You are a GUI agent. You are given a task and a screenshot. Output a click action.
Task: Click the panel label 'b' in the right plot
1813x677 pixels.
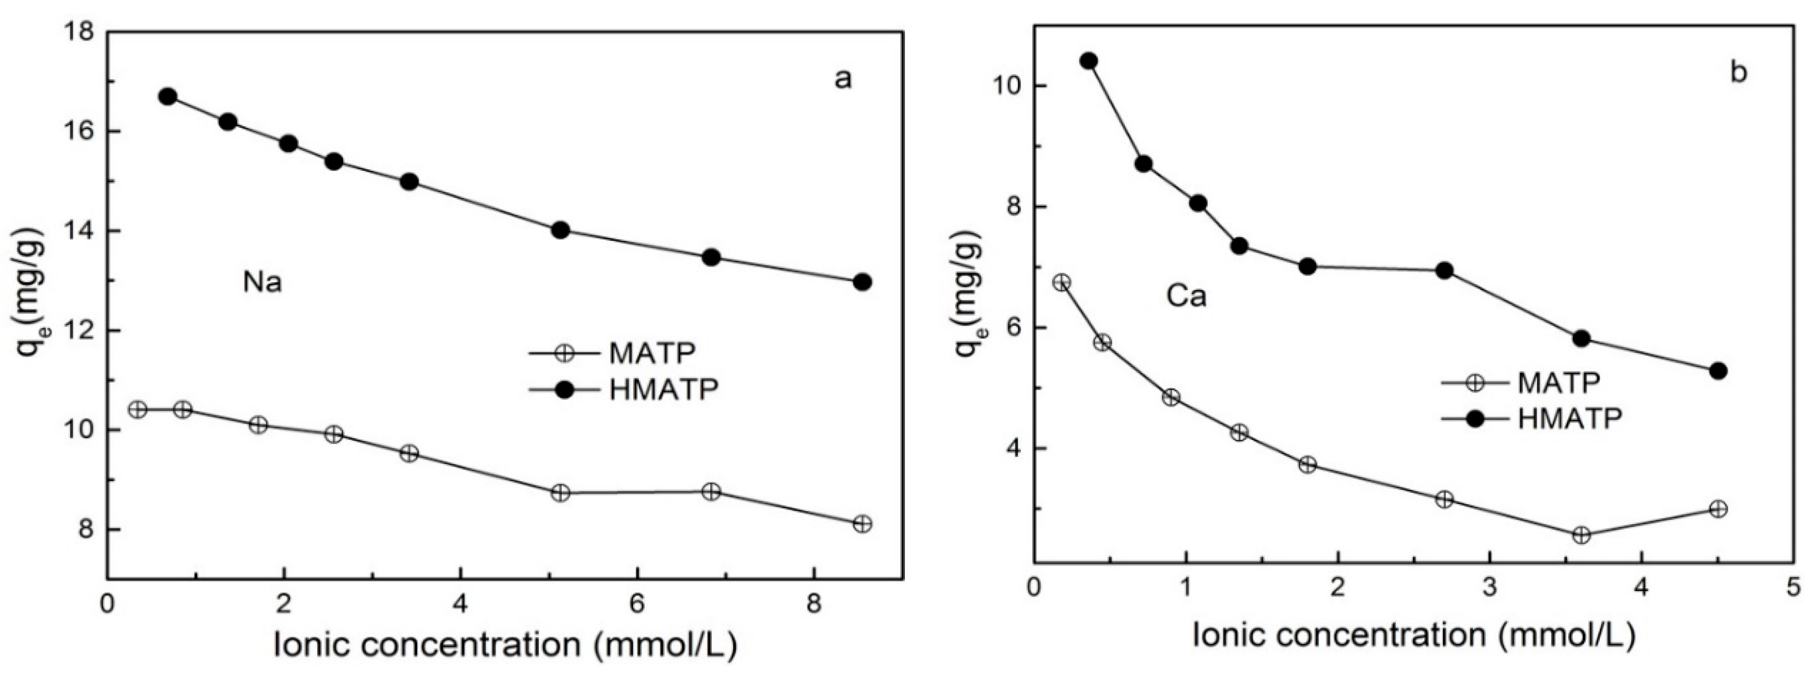point(1739,73)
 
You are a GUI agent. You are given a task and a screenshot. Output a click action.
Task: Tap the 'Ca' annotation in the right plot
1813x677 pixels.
point(1187,297)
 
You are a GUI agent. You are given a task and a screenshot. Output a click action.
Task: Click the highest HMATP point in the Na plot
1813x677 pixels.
point(168,96)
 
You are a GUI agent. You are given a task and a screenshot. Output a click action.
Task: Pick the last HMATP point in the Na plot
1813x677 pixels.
point(862,282)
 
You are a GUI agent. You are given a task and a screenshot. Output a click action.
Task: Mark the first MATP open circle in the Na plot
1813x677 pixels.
point(138,409)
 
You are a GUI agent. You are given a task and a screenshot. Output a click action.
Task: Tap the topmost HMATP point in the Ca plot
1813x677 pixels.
point(1089,61)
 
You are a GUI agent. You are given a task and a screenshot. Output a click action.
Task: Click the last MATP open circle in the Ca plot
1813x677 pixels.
point(1718,509)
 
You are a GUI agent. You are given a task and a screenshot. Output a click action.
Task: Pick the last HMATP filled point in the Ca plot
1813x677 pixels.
point(1718,371)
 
